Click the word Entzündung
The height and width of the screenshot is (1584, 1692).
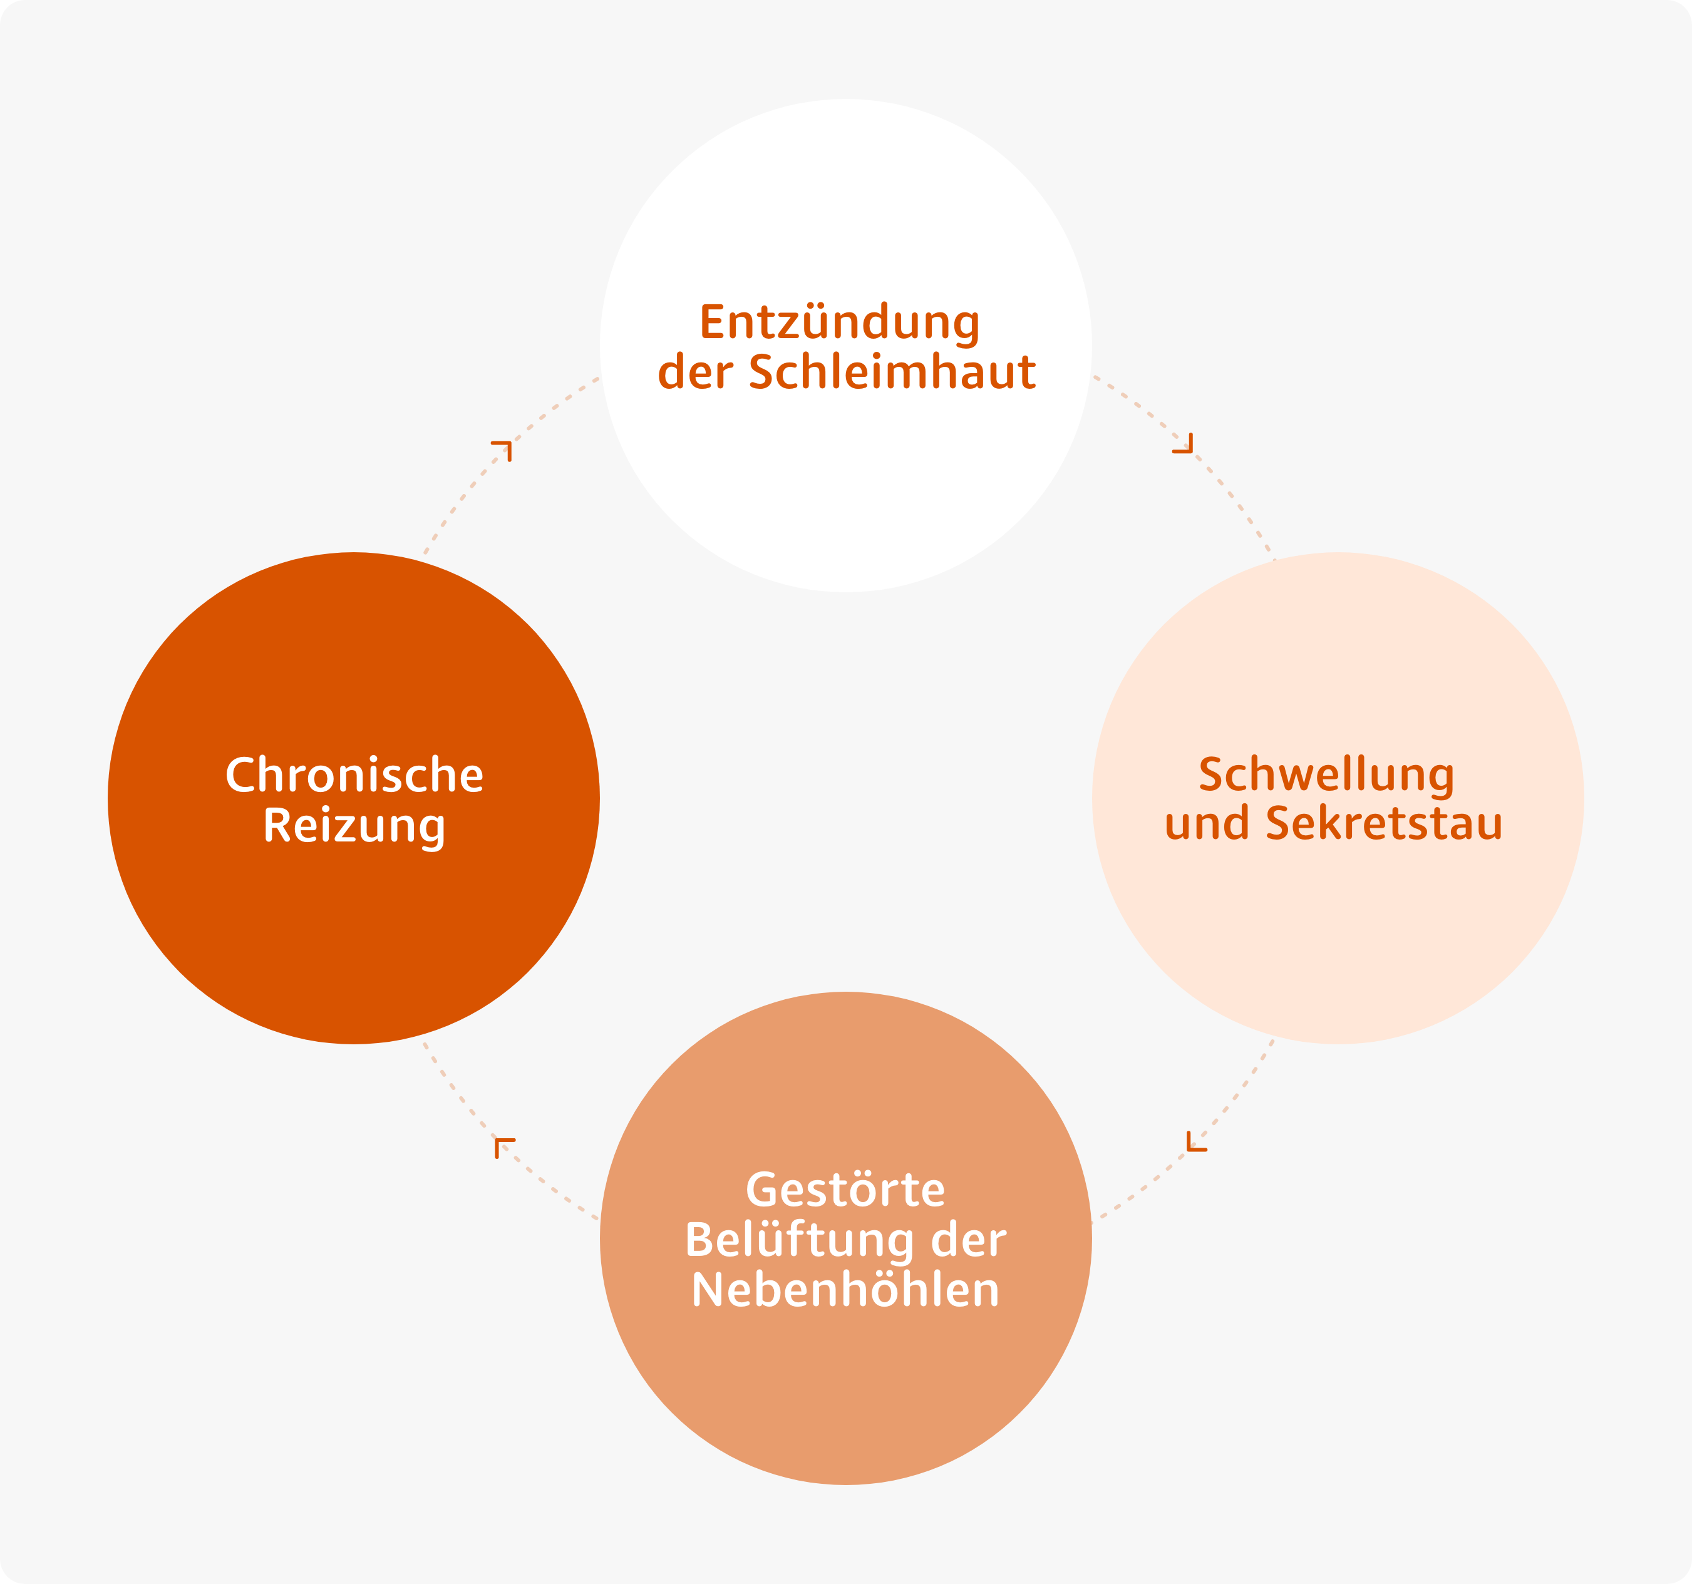click(x=839, y=324)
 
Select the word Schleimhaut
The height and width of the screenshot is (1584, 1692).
click(x=892, y=371)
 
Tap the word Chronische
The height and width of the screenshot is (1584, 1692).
click(x=354, y=774)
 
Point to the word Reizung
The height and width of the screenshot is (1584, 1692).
click(x=354, y=826)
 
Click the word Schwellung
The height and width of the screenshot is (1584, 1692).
click(x=1326, y=774)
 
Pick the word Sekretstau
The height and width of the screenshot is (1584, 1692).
click(x=1384, y=823)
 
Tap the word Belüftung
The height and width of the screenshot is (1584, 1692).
click(x=799, y=1240)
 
